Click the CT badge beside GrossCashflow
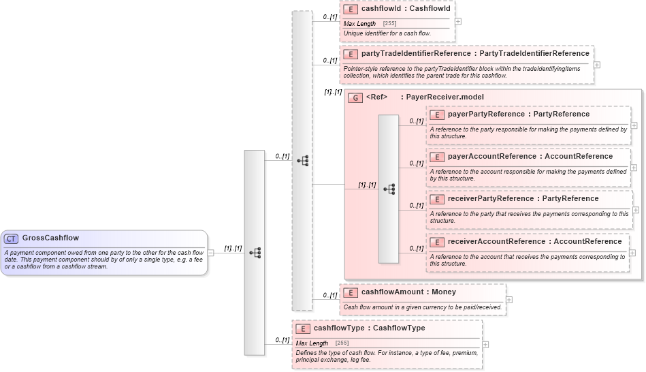[x=11, y=238]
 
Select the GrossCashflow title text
[x=50, y=238]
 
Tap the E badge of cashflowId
[x=351, y=10]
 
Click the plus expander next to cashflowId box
[x=458, y=21]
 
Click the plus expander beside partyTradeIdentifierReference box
[x=597, y=65]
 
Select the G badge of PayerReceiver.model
[x=355, y=97]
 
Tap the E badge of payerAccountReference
[x=437, y=157]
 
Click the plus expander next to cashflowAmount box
[x=509, y=299]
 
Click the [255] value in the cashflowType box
[x=342, y=343]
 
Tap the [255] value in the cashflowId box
[x=390, y=24]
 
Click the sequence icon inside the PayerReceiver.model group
[x=389, y=189]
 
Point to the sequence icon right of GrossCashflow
[x=255, y=253]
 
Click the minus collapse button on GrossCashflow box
[x=211, y=253]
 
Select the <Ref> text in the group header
[x=376, y=97]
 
